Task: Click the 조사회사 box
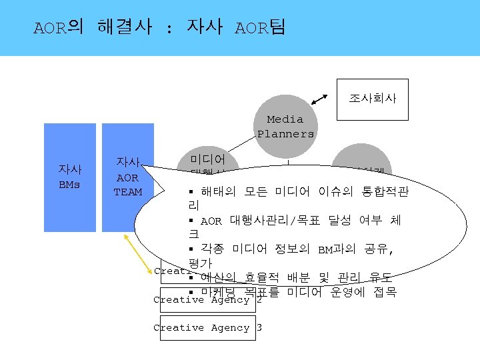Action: point(373,98)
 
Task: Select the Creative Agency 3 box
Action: point(207,328)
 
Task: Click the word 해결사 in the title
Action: point(124,27)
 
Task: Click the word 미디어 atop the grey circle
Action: point(207,160)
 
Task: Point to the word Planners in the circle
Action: point(286,133)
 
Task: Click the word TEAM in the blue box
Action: point(127,192)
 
